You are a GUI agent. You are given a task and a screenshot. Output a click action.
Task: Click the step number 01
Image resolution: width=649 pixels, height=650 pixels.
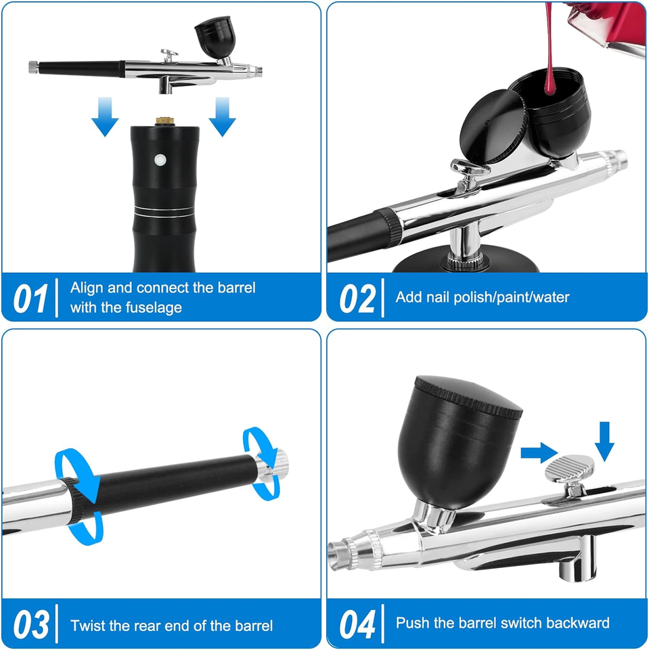point(30,299)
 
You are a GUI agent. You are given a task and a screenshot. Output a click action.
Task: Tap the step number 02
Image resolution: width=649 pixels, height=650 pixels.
point(357,299)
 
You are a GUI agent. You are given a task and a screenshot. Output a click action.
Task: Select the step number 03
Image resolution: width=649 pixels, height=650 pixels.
point(31,624)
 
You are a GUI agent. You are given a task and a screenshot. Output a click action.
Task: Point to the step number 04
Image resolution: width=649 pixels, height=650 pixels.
point(357,624)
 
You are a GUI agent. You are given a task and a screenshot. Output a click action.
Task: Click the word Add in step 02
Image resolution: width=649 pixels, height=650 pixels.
point(408,297)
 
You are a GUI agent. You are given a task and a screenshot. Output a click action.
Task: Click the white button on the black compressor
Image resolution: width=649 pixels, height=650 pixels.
point(160,160)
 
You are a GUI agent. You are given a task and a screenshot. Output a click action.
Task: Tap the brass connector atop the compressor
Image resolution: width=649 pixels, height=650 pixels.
point(164,121)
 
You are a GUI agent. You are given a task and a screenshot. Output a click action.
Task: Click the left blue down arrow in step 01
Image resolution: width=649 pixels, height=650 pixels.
point(105,116)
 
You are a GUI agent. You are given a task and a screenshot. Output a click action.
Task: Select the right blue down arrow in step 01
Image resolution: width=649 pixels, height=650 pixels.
point(222,116)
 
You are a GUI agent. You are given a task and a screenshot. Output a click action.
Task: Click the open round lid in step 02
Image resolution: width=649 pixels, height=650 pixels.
point(494,126)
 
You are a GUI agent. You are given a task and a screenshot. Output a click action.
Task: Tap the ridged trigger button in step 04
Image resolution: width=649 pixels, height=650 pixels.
point(569,469)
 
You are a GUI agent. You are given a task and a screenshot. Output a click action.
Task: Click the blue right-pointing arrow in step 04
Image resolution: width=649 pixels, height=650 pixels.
point(539,453)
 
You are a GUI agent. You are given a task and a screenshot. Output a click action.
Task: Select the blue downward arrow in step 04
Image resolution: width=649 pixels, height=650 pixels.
point(604,441)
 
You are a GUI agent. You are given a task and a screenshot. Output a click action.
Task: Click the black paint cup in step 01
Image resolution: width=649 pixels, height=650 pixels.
point(215,37)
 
